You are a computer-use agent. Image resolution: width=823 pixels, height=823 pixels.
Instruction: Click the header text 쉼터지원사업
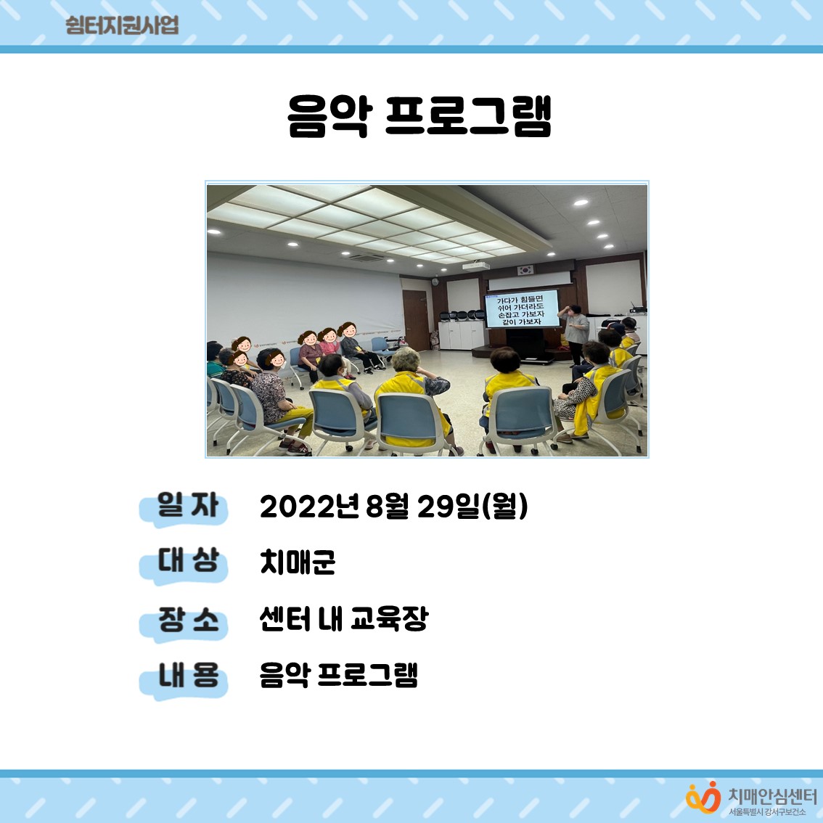coord(122,25)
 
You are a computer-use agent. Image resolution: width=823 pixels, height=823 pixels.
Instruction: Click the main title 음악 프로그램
coord(419,116)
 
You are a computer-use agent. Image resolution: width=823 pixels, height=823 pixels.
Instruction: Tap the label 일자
coord(187,505)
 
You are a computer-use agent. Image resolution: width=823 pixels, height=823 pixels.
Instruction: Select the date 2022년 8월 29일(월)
coord(393,506)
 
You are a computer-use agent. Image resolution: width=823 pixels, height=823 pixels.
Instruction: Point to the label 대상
coord(187,560)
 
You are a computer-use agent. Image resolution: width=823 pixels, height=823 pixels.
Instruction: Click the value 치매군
coord(298,562)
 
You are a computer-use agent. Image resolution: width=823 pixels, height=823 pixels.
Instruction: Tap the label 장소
coord(187,618)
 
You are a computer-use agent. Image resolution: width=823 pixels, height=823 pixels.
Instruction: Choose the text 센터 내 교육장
coord(344,618)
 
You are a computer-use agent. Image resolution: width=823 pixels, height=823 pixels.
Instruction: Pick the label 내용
coord(187,674)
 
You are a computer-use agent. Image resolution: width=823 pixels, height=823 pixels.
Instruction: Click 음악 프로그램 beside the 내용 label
coord(339,675)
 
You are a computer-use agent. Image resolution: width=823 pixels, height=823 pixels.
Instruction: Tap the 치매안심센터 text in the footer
coord(771,795)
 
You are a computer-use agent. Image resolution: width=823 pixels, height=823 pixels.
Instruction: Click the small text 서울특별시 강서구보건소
coord(767,812)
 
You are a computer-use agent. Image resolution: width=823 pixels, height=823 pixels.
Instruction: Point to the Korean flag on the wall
coord(525,270)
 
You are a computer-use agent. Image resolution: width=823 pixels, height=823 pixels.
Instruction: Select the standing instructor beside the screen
coord(576,334)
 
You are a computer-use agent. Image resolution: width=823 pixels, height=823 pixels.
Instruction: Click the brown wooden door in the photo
coord(416,320)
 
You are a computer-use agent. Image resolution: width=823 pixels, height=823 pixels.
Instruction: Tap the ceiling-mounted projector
coord(475,266)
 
